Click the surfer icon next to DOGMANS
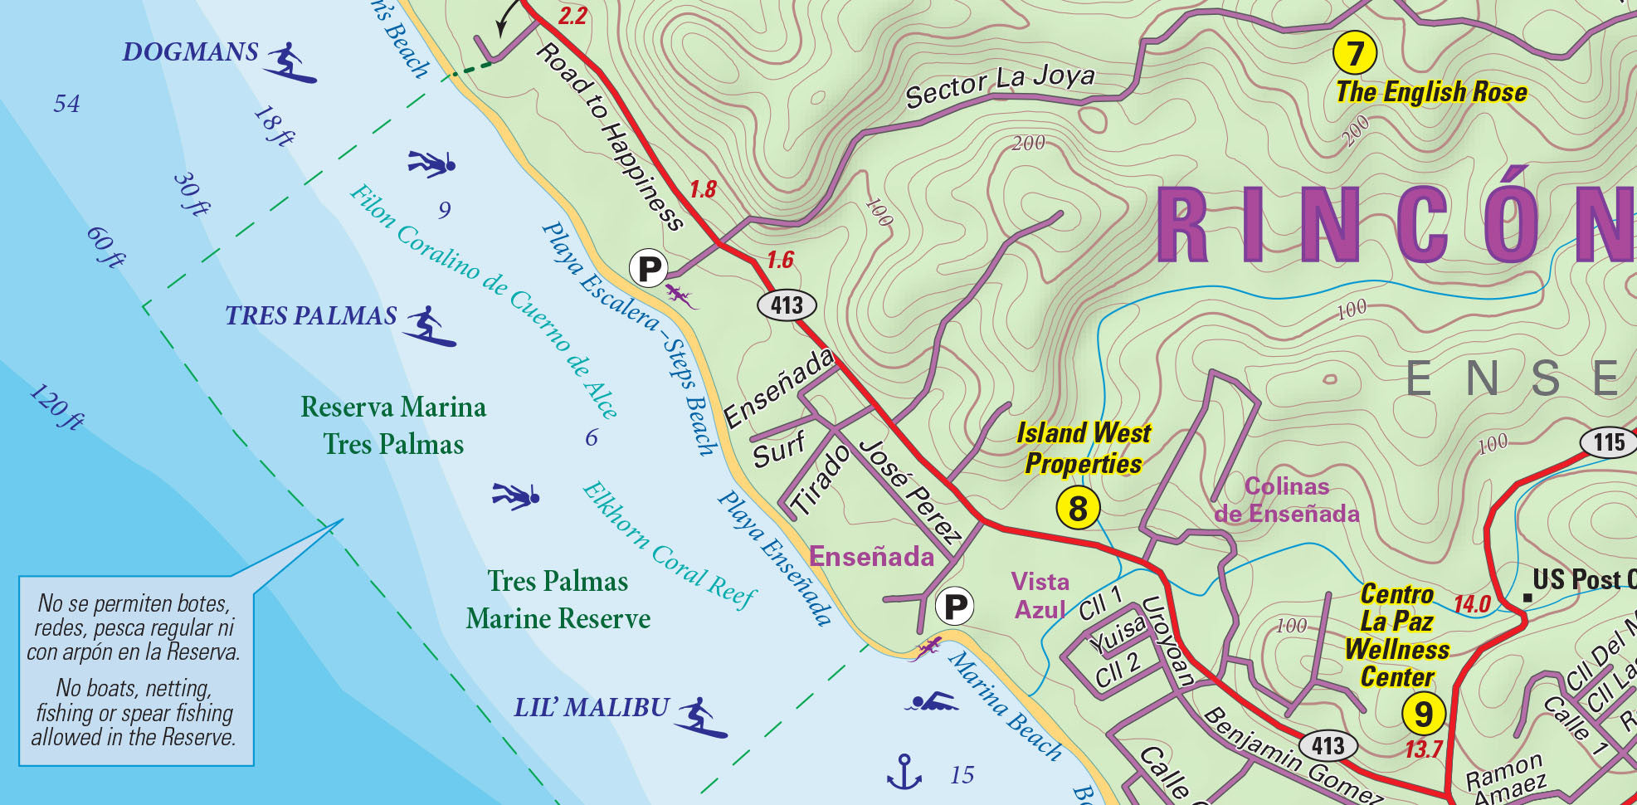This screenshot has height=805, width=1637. (290, 62)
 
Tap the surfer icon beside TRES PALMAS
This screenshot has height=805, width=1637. (429, 326)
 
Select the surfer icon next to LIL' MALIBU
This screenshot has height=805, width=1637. (701, 718)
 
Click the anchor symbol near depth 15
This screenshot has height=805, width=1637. (904, 772)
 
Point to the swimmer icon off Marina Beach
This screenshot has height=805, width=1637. (932, 702)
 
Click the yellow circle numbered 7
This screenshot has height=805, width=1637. (1355, 53)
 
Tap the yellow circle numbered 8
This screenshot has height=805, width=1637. (1078, 508)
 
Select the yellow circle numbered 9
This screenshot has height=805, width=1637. (1424, 713)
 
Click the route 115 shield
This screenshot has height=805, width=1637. (1609, 442)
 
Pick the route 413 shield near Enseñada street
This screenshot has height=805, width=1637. (787, 305)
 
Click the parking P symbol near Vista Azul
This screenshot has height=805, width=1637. (955, 607)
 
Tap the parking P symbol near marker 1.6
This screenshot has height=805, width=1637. (649, 269)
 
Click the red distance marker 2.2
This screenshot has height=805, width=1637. (572, 16)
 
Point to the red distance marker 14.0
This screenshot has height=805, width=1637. (1472, 604)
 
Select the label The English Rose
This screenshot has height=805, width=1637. (1431, 92)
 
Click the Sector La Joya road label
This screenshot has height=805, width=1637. (1000, 85)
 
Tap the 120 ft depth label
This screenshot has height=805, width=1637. (56, 407)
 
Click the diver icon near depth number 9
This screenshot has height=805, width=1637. (431, 163)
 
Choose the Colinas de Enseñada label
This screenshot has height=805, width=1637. (1287, 500)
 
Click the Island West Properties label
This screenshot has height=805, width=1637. (1084, 448)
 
